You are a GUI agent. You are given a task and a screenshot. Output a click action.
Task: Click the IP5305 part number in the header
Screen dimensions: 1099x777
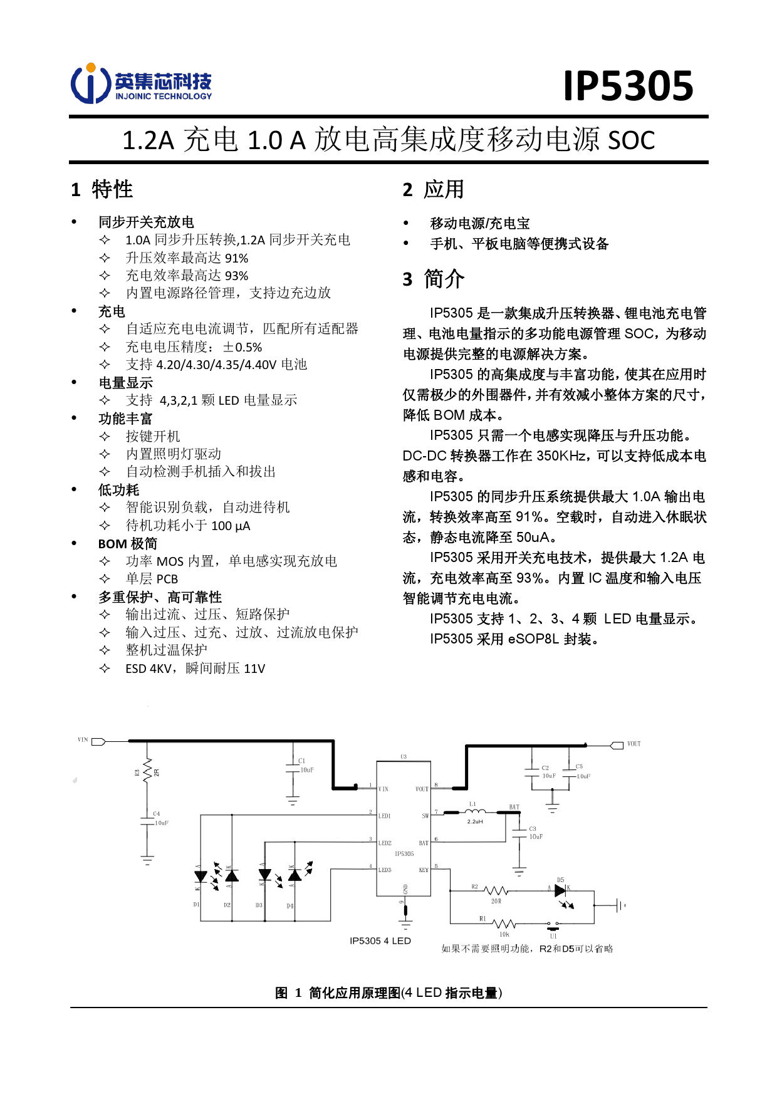[x=628, y=86]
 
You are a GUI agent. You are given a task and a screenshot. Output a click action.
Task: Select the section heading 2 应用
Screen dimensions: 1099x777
[x=434, y=189]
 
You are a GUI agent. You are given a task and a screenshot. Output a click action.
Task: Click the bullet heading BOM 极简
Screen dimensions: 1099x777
[x=128, y=544]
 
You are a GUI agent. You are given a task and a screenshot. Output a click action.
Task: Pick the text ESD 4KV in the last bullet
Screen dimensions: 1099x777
[x=148, y=669]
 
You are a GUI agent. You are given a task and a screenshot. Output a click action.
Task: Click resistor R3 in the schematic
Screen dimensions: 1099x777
[x=147, y=769]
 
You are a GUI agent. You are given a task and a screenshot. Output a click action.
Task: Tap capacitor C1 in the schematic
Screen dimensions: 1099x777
[x=293, y=768]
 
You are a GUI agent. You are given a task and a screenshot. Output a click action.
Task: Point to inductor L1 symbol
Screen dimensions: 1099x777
[x=474, y=813]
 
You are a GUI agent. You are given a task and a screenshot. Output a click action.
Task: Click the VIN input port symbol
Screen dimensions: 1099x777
[x=98, y=742]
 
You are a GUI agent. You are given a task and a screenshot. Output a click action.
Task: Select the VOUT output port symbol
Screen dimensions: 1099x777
[x=617, y=745]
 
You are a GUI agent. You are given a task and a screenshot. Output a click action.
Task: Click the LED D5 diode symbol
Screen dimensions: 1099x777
[x=560, y=890]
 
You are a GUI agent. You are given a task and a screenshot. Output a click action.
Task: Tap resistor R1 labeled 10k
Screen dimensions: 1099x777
[x=503, y=924]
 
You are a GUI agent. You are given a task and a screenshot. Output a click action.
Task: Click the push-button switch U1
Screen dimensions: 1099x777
[x=553, y=925]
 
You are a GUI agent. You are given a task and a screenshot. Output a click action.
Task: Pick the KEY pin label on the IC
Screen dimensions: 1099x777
[x=424, y=870]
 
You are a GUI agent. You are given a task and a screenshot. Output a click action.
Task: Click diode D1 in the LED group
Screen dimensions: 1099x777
[x=201, y=877]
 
